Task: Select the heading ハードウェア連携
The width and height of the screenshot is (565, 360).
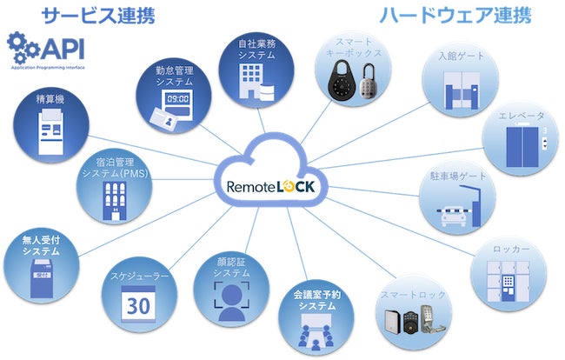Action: pyautogui.click(x=454, y=16)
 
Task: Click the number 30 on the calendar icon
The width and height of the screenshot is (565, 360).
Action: pyautogui.click(x=138, y=307)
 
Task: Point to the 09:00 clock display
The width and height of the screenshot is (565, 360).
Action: pyautogui.click(x=177, y=100)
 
